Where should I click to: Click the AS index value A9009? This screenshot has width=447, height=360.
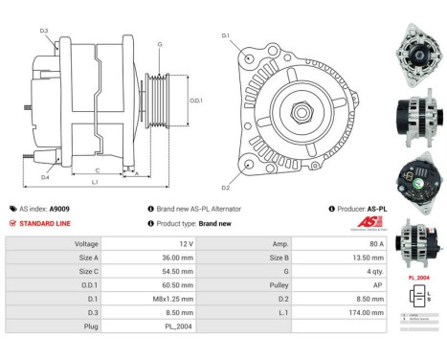(59, 208)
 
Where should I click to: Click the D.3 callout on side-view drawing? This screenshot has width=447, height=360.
(45, 32)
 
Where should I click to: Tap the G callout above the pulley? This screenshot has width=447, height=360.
(159, 45)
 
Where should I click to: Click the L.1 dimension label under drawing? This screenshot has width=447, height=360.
(95, 182)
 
